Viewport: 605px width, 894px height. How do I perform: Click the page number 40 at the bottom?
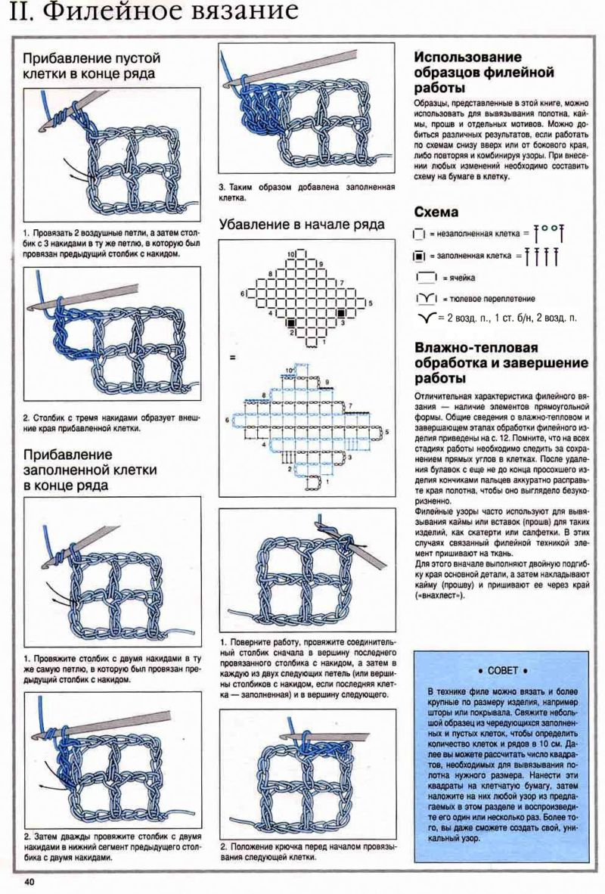[x=29, y=882]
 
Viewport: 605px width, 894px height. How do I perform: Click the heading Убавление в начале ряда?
[x=302, y=225]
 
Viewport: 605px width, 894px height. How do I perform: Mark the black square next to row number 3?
[x=341, y=311]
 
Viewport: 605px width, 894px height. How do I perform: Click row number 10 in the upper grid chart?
[x=291, y=255]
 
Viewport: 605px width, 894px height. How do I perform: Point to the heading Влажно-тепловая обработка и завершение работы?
[x=476, y=362]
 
